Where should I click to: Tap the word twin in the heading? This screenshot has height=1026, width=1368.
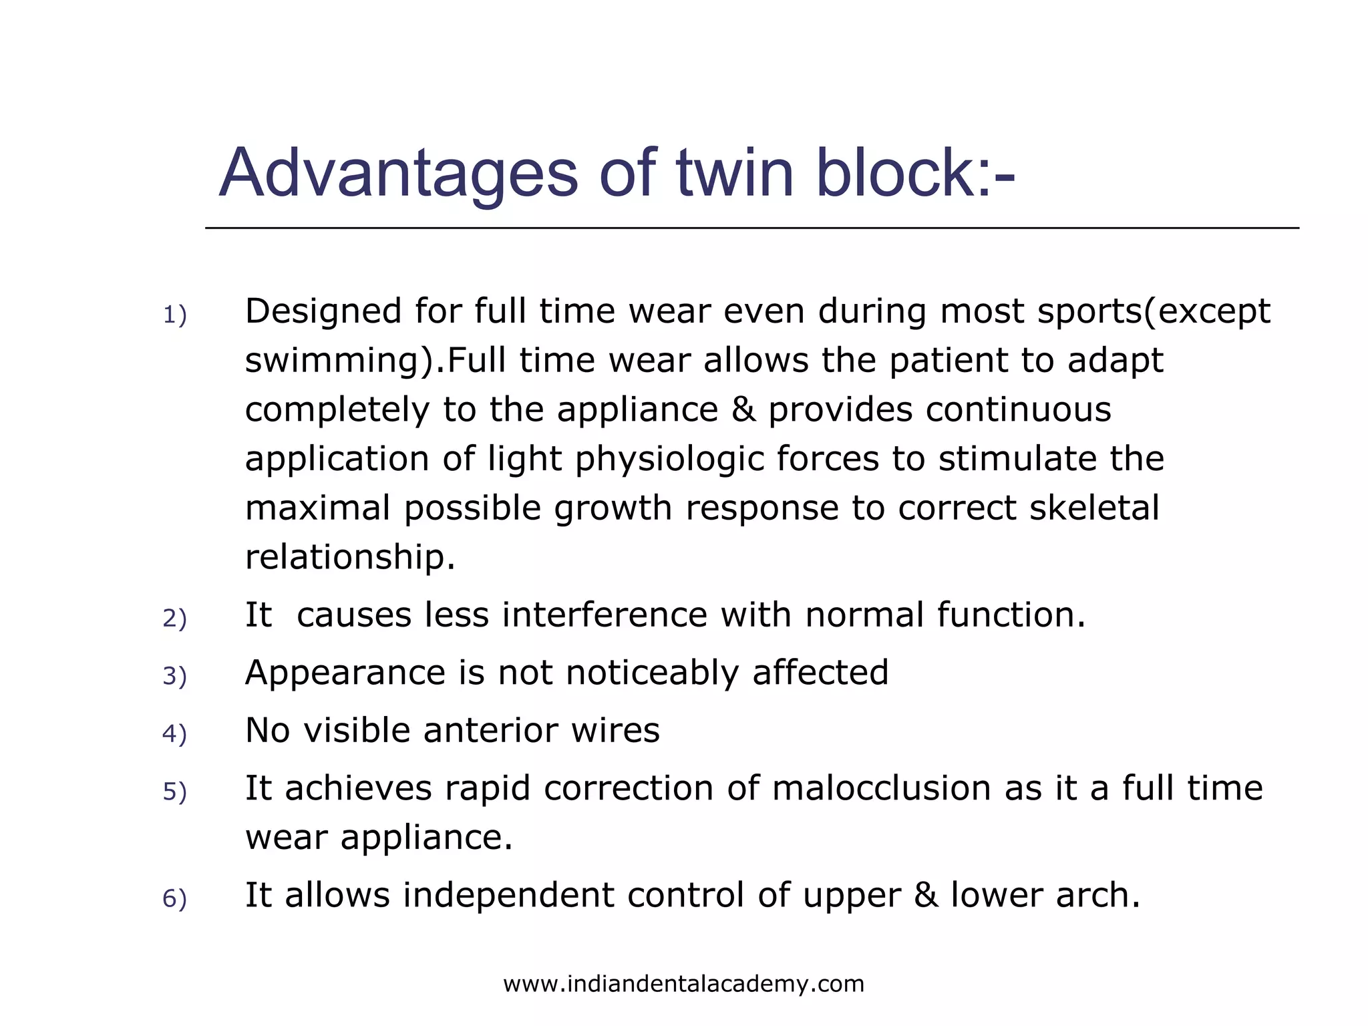(735, 174)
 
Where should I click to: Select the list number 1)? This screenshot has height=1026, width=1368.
(174, 315)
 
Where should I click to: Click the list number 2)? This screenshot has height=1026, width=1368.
(174, 619)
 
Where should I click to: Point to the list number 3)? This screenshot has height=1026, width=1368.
(174, 676)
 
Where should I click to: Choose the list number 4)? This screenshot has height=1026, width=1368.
(174, 734)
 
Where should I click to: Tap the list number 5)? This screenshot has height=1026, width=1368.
(174, 792)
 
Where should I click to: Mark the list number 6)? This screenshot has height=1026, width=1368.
(174, 899)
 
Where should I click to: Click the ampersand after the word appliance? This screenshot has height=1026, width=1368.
(743, 409)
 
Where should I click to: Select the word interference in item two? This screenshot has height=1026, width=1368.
(604, 615)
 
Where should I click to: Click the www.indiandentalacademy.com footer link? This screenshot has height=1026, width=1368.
(683, 984)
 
